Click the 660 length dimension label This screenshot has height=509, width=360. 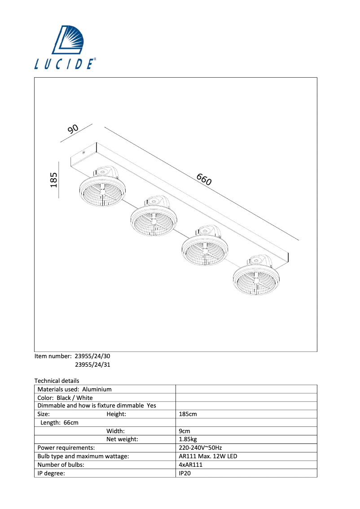tap(204, 180)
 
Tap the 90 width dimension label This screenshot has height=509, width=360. tap(73, 129)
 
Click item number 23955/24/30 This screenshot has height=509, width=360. tap(92, 356)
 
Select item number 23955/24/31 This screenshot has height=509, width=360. tap(92, 365)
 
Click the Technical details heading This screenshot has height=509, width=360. tap(57, 381)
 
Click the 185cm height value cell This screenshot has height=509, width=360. tap(188, 414)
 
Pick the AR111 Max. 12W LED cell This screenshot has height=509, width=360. tap(208, 456)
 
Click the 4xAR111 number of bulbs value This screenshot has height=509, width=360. tap(190, 465)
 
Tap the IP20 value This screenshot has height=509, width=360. tap(184, 473)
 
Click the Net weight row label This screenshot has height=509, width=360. tap(122, 439)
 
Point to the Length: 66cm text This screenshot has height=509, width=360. tap(59, 423)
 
